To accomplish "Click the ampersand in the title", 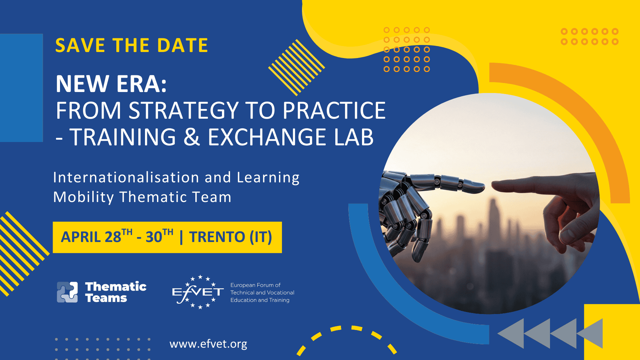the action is click(192, 137).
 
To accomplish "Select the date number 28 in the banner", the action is click(113, 237).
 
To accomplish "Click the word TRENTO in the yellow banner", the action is click(217, 237).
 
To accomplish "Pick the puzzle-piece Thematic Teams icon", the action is click(67, 292).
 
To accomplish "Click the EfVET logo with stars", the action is click(198, 292).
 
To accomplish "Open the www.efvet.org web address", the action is click(208, 344).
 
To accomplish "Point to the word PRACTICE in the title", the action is click(334, 111).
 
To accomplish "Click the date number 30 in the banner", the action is click(154, 237).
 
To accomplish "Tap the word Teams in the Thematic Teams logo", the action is click(106, 298).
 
